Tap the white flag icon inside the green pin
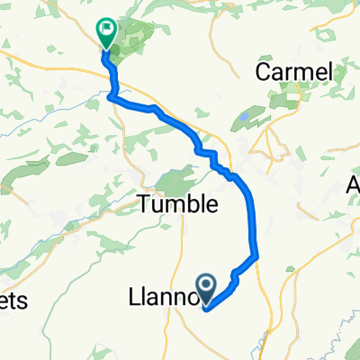(x=106, y=28)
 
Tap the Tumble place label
(x=178, y=204)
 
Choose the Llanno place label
(x=166, y=295)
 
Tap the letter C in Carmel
(x=265, y=71)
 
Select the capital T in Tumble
(x=144, y=204)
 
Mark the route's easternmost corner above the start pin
(x=258, y=257)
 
